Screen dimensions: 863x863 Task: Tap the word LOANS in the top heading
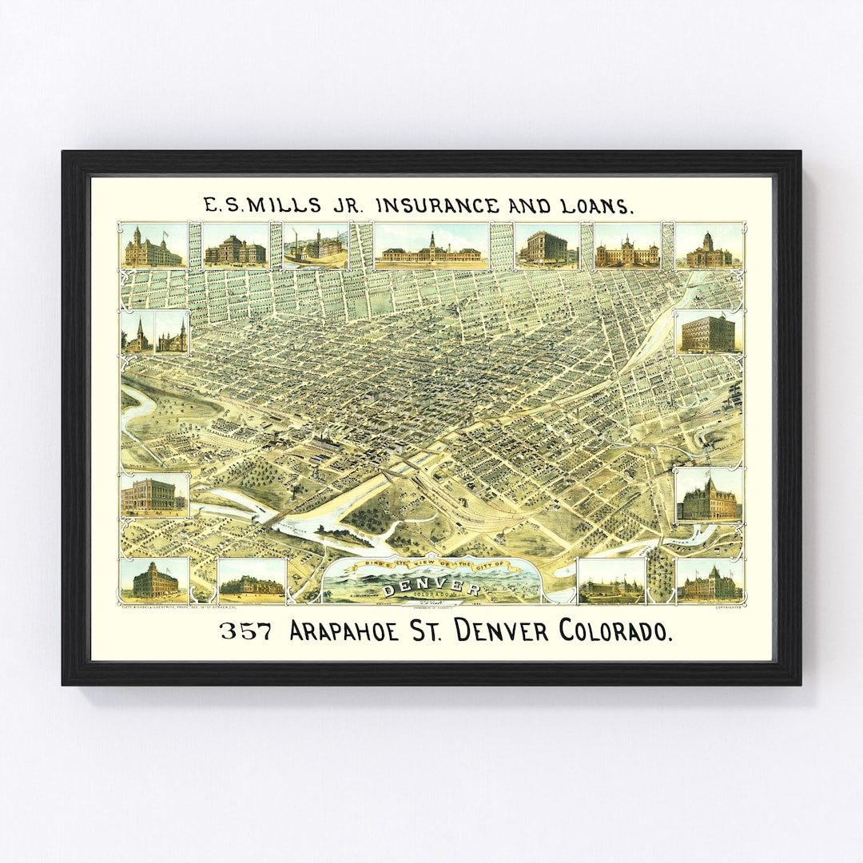[x=595, y=206]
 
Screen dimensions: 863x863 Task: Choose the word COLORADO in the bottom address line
[x=615, y=631]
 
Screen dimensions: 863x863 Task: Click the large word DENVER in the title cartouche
[x=432, y=590]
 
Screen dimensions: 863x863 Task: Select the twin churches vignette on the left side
[x=155, y=332]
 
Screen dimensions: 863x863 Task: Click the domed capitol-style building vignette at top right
[x=708, y=247]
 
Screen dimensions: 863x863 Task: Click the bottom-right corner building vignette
[x=709, y=581]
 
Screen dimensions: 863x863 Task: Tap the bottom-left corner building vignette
[x=154, y=581]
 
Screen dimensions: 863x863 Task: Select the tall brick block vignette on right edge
[x=707, y=332]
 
